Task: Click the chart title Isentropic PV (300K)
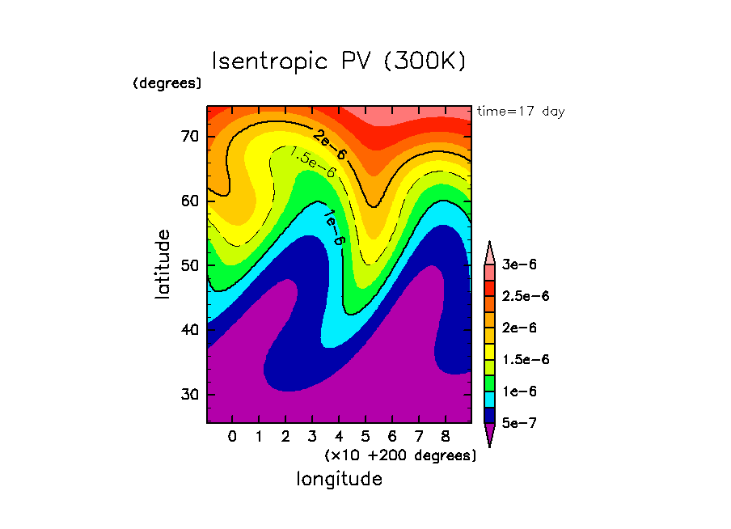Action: click(x=339, y=62)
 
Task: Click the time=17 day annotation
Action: click(x=521, y=112)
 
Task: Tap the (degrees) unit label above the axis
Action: click(x=167, y=83)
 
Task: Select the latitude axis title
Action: click(x=163, y=264)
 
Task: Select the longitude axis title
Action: click(x=339, y=479)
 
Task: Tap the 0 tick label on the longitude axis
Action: click(x=233, y=438)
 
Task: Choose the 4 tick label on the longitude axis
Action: click(x=339, y=438)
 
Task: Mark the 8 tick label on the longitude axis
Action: click(x=445, y=438)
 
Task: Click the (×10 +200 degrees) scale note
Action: click(x=400, y=455)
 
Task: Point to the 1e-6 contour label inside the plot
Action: click(x=334, y=228)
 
